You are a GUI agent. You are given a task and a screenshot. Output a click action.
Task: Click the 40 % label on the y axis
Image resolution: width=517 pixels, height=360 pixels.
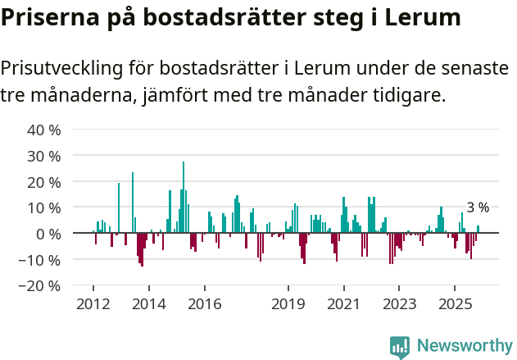pos(44,130)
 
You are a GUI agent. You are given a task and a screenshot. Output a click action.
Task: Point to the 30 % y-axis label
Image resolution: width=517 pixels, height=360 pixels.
pos(44,156)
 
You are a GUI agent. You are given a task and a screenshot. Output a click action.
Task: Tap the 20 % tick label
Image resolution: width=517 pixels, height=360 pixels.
pos(44,182)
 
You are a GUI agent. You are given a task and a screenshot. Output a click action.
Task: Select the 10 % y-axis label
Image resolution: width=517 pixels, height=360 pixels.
pos(44,208)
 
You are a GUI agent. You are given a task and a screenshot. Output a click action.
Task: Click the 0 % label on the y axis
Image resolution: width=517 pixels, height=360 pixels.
pos(48,234)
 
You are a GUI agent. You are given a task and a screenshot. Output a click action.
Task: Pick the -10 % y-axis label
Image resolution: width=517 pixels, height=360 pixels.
pos(42,260)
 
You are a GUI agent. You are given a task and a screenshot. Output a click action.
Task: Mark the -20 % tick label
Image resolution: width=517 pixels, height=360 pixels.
pos(42,286)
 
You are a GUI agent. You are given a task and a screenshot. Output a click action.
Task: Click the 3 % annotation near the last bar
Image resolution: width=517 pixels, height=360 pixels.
pos(478,207)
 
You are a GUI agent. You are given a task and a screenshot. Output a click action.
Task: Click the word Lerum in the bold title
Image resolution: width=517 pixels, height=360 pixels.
pos(421,17)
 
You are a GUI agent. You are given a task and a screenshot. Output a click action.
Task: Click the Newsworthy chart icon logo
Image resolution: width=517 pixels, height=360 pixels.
pos(400,347)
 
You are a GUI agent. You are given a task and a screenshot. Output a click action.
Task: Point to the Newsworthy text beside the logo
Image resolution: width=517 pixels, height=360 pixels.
pos(464,346)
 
